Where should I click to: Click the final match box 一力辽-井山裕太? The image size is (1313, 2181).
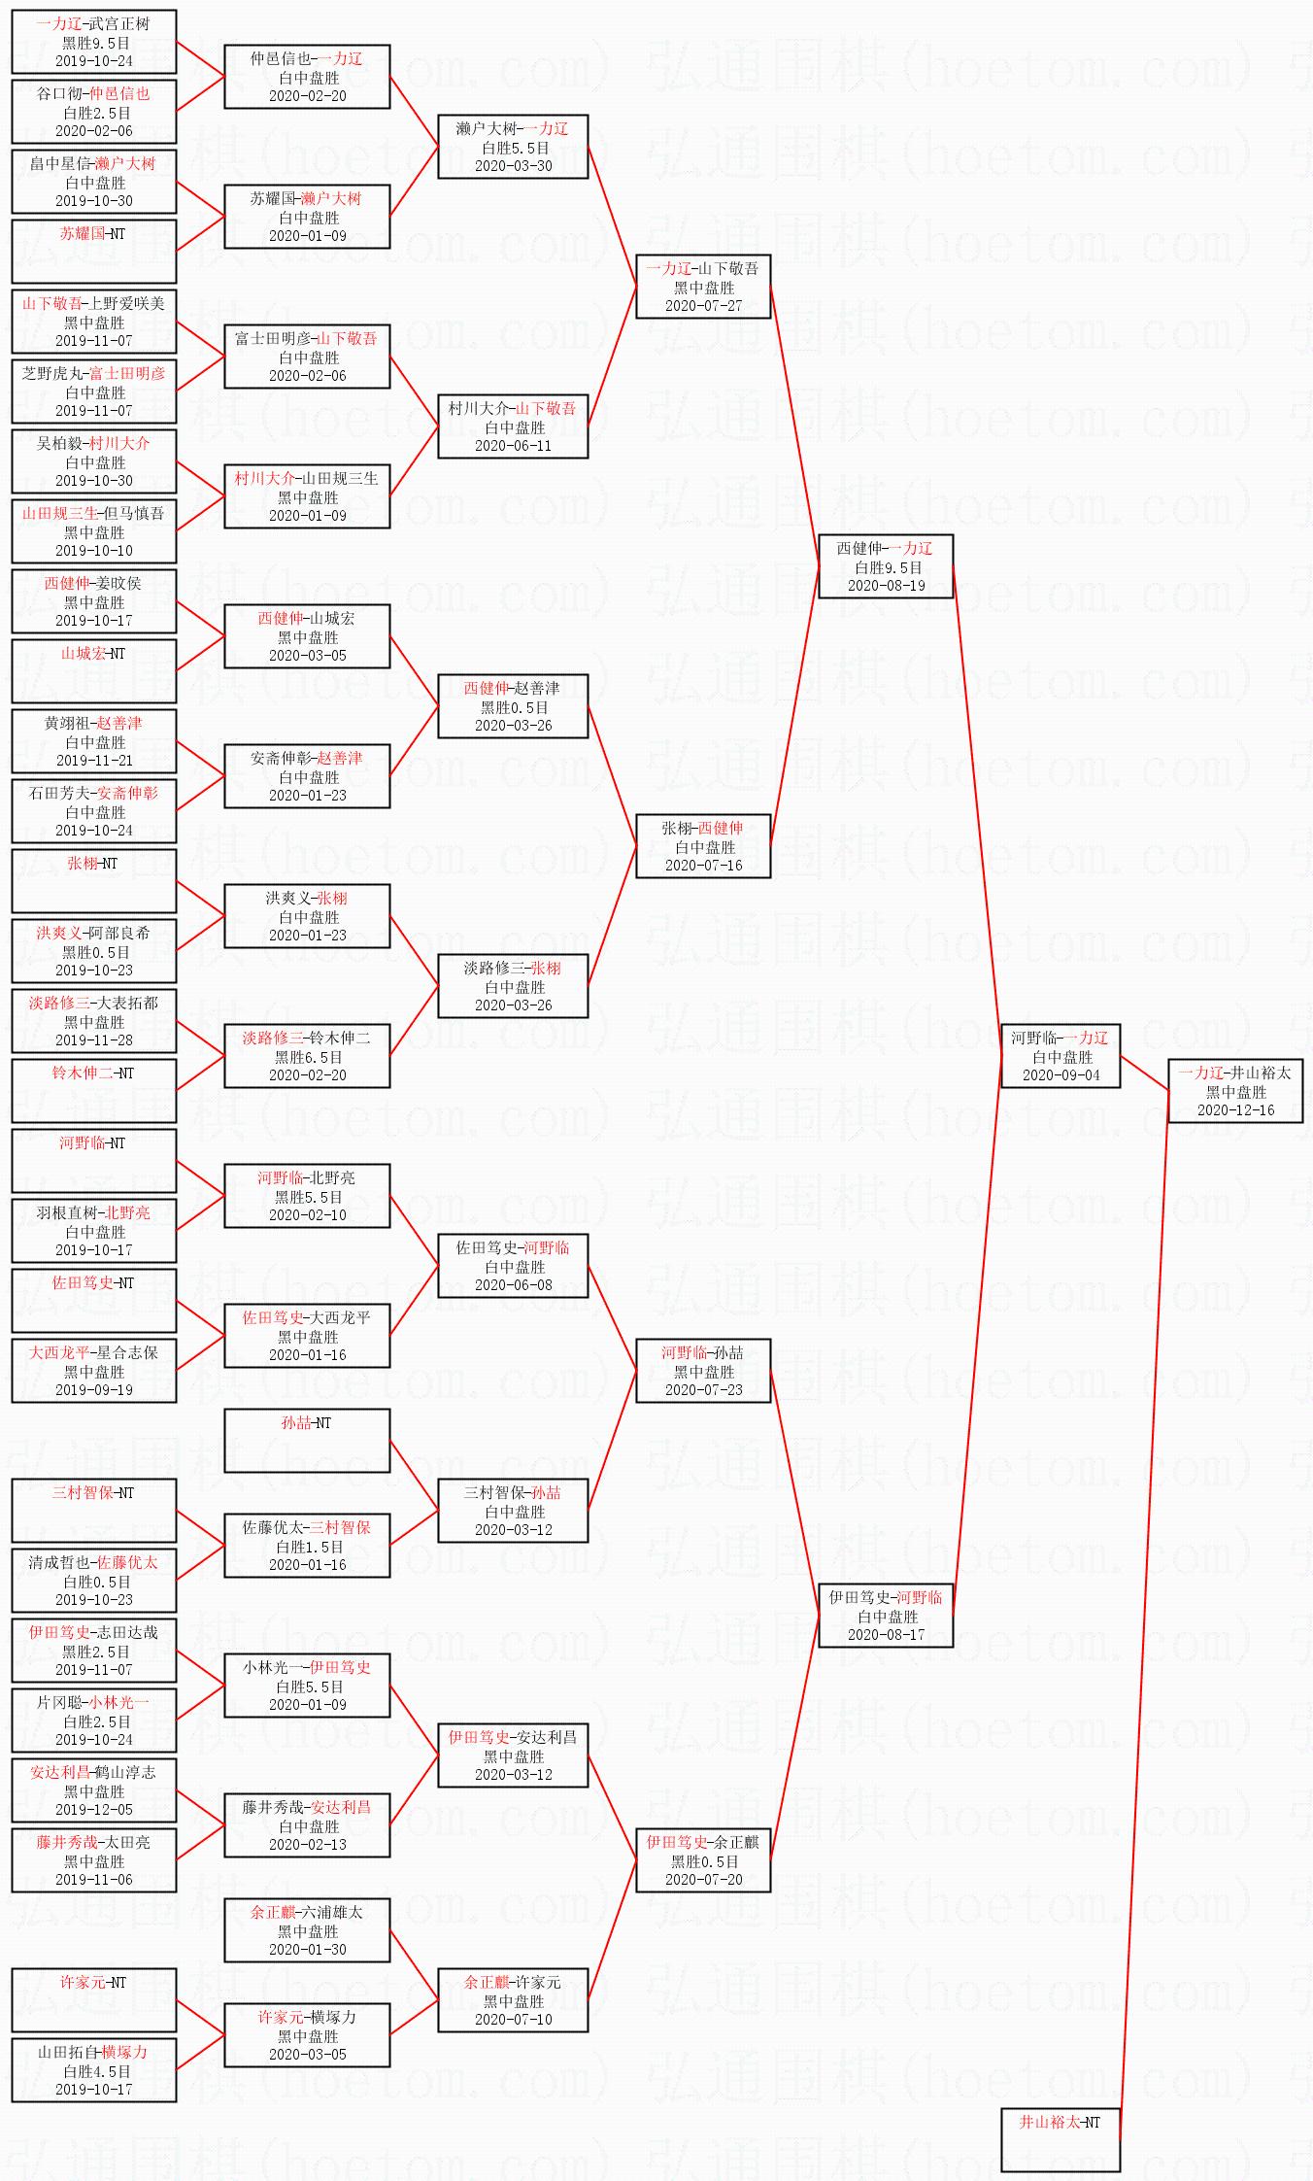tap(1234, 1090)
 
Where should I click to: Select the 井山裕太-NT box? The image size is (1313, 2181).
tap(1060, 2138)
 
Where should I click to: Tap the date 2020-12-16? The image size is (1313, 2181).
tap(1235, 1110)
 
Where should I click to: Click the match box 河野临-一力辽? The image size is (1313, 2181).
tap(1060, 1055)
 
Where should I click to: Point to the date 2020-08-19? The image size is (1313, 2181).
tap(886, 586)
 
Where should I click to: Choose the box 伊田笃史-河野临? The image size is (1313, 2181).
tap(885, 1615)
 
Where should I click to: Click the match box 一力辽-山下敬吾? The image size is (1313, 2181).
tap(702, 286)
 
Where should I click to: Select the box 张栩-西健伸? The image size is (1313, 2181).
tap(702, 845)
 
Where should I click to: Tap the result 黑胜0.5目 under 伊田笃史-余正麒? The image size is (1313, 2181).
tap(704, 1861)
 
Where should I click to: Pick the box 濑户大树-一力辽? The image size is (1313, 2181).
tap(512, 146)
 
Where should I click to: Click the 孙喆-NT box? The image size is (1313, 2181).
tap(306, 1440)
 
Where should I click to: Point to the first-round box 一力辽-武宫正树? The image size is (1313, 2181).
tap(93, 41)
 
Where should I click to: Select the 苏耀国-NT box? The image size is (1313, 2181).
tap(93, 251)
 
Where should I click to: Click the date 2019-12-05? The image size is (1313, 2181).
tap(94, 1810)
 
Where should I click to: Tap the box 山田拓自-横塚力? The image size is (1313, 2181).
tap(93, 2069)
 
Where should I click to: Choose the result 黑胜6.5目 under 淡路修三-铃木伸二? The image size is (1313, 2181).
tap(308, 1057)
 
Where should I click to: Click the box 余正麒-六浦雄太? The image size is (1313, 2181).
tap(306, 1929)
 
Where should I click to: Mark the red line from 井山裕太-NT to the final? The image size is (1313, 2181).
tap(1144, 1603)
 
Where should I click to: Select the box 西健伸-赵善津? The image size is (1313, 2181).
tap(512, 705)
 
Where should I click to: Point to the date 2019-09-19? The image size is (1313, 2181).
tap(94, 1390)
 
